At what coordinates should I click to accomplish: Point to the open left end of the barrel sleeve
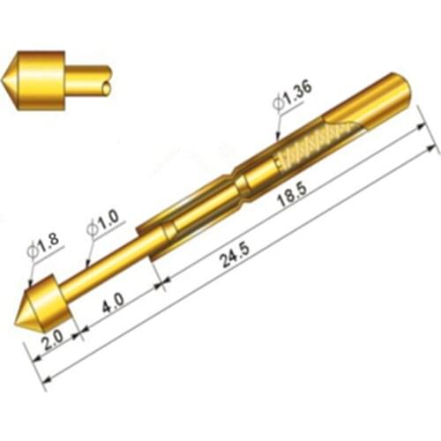[152, 246]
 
